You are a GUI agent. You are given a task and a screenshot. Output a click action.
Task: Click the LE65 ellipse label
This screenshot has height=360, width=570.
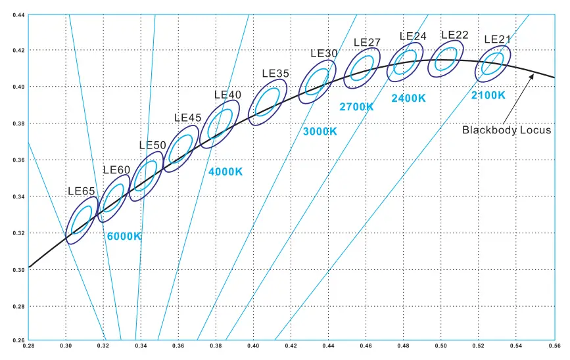tap(82, 191)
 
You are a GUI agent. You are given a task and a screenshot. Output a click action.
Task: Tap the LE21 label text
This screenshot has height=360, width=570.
tap(498, 39)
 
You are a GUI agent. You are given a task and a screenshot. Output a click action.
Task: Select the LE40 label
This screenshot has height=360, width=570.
tap(227, 95)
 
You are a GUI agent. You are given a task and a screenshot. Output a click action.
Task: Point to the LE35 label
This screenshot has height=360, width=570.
tap(275, 74)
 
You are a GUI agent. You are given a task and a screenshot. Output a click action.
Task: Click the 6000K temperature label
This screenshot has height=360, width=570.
tap(124, 236)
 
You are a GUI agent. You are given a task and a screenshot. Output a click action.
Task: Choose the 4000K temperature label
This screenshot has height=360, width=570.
tap(226, 172)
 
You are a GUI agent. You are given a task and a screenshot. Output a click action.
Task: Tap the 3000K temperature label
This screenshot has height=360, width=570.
tap(320, 131)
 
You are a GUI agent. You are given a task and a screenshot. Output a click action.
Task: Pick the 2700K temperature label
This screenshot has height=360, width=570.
tap(357, 106)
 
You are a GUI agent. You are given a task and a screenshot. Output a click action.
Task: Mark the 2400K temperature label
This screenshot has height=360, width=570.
tap(408, 98)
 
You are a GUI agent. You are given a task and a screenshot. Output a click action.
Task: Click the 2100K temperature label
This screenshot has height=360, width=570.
tap(488, 95)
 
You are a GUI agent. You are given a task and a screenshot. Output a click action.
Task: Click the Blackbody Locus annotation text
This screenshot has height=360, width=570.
tap(506, 130)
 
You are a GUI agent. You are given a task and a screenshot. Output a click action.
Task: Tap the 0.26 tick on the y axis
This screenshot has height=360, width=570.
tap(19, 339)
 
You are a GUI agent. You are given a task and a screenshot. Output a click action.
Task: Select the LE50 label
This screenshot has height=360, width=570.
tap(153, 145)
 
